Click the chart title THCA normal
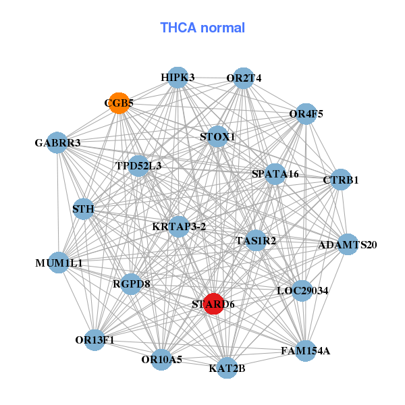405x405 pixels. [x=202, y=28]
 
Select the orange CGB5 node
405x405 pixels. [x=119, y=103]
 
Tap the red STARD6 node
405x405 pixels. [x=213, y=304]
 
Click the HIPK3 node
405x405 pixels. [x=177, y=78]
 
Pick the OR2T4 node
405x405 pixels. [x=243, y=78]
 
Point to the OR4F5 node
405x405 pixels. [x=306, y=113]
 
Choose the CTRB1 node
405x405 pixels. [x=340, y=180]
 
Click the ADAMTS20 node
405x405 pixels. [x=347, y=244]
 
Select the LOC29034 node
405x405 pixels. [x=302, y=291]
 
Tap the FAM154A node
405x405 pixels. [x=305, y=350]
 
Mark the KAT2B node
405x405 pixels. [x=227, y=368]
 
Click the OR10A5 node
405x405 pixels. [x=162, y=360]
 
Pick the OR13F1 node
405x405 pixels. [x=95, y=340]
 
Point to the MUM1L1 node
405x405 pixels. [x=59, y=262]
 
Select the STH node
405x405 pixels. [x=83, y=209]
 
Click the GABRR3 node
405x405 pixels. [x=58, y=143]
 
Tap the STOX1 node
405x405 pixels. [x=217, y=137]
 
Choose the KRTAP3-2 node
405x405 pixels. [x=179, y=227]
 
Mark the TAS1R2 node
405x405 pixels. [x=256, y=240]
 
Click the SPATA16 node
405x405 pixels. [x=275, y=174]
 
